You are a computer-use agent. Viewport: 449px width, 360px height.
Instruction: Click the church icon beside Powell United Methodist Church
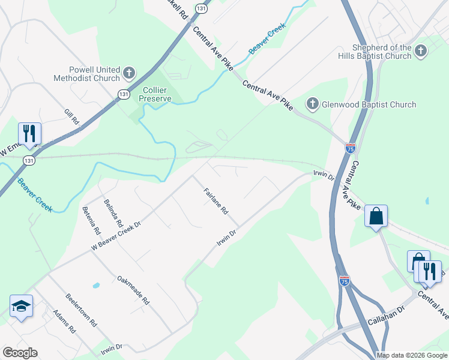click(128, 74)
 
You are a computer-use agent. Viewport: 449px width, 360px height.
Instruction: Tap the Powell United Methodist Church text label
click(87, 74)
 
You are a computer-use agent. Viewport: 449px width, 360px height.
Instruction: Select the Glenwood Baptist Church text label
click(369, 104)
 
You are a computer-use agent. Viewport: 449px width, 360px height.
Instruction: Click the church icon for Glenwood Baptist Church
click(312, 104)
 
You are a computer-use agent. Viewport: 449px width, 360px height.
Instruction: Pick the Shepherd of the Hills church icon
click(420, 52)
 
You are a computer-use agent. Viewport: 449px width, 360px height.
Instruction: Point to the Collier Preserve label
click(156, 94)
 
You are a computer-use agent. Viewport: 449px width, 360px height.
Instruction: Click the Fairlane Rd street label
click(216, 202)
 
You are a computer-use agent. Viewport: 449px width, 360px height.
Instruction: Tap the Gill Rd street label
click(72, 116)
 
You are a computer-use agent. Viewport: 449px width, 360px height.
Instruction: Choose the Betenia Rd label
click(91, 220)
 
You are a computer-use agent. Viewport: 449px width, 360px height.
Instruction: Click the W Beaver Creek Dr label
click(116, 235)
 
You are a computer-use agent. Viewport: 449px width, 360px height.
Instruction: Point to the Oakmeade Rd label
click(133, 290)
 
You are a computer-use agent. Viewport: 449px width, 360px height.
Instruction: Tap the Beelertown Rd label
click(81, 309)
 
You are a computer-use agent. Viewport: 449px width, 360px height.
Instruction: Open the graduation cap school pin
click(22, 306)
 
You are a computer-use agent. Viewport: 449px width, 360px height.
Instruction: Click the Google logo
click(20, 353)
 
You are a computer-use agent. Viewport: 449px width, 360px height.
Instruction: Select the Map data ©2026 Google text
click(412, 355)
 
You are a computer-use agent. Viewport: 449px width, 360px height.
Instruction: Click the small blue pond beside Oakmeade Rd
click(95, 284)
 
